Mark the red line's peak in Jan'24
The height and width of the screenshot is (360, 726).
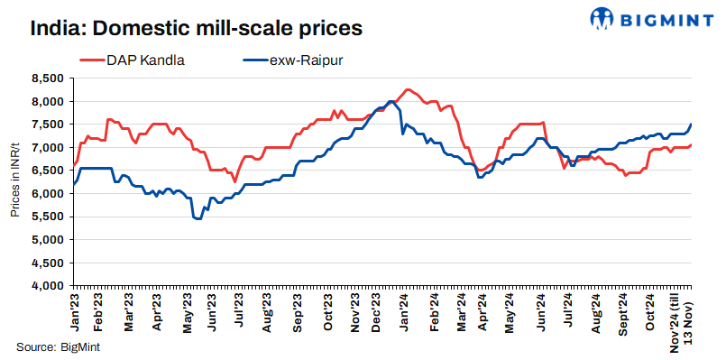(x=409, y=89)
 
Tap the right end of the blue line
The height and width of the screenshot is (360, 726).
(x=692, y=125)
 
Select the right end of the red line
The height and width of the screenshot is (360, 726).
(x=692, y=144)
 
